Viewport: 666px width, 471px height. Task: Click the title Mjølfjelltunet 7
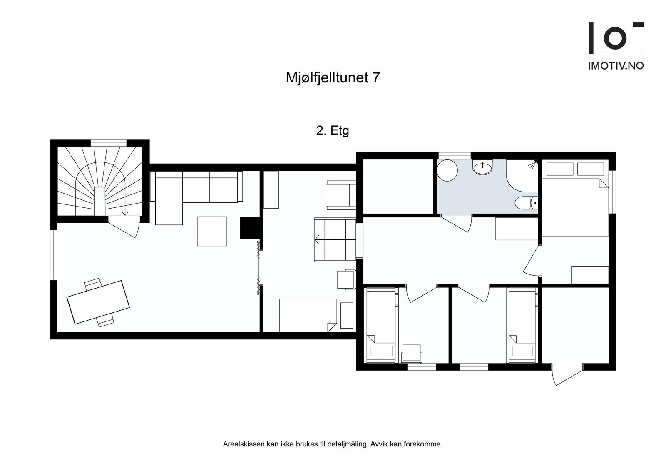click(332, 78)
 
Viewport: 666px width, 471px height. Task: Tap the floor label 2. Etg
click(332, 131)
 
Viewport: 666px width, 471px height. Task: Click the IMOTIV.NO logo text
click(616, 66)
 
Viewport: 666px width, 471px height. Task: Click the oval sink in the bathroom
click(482, 168)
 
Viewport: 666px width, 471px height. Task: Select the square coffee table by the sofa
click(212, 231)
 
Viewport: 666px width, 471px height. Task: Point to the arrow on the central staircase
click(318, 239)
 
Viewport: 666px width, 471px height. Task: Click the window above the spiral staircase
click(108, 142)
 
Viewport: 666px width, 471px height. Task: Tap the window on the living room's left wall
click(53, 254)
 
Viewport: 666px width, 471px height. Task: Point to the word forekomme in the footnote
click(425, 444)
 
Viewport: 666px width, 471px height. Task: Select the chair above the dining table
click(93, 284)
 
